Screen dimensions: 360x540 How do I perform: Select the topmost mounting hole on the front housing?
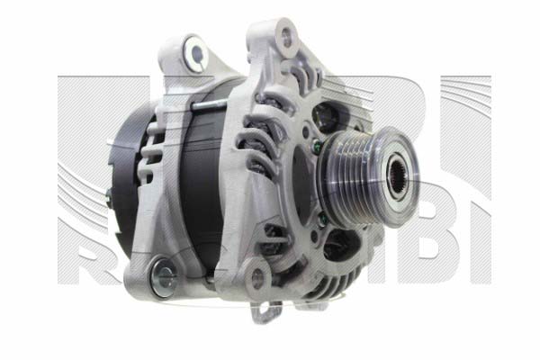pyautogui.click(x=287, y=37)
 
